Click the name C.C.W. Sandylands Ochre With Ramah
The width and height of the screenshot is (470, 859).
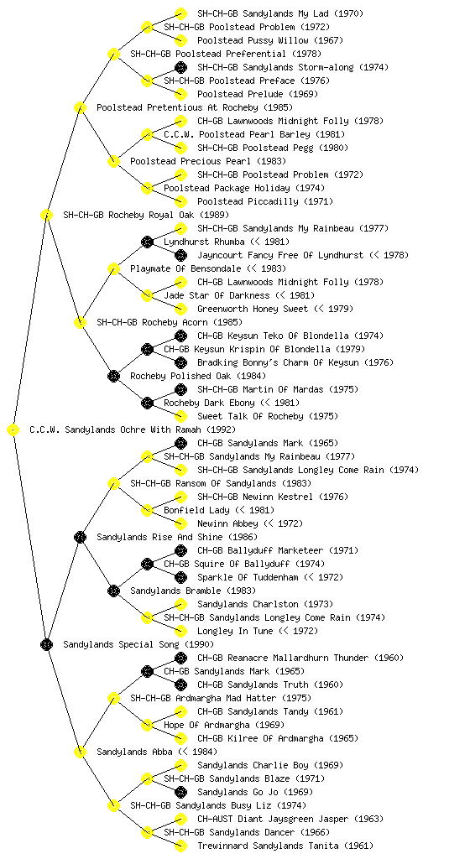(x=115, y=429)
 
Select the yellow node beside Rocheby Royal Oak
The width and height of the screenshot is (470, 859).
(x=46, y=215)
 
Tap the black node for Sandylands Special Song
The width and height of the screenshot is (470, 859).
(x=46, y=644)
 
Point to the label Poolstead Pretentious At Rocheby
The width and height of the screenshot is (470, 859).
(x=185, y=107)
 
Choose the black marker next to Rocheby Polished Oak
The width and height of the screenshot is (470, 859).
(x=113, y=376)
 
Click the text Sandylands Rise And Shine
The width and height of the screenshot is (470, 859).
(x=159, y=537)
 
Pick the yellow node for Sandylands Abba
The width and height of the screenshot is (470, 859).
(x=80, y=752)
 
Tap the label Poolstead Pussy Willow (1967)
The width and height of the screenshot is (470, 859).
(x=270, y=40)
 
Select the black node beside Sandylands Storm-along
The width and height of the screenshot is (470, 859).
(x=180, y=67)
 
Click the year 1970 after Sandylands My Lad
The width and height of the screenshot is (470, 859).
(x=348, y=13)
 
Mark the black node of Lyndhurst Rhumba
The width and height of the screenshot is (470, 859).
(x=147, y=242)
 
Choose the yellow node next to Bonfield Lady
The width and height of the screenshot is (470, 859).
(x=147, y=510)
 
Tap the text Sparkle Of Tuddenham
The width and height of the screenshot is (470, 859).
(x=248, y=577)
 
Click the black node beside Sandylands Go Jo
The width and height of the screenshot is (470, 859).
(x=180, y=792)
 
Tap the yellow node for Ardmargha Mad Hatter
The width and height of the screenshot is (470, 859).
(x=113, y=698)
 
